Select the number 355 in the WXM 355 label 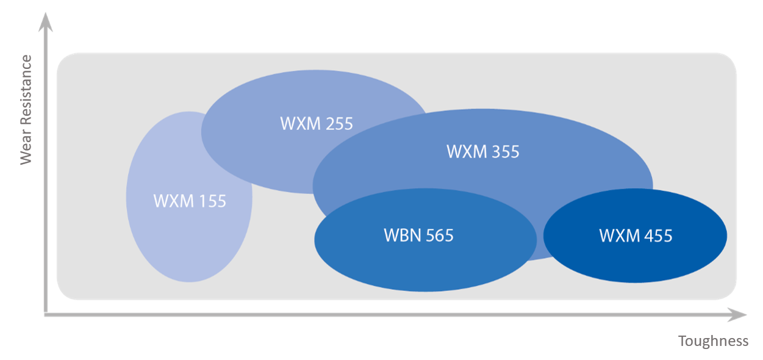coord(504,151)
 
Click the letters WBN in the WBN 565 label coord(400,235)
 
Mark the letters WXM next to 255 coord(299,124)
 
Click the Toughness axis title coord(713,341)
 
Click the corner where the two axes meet coord(46,314)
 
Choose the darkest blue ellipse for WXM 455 coord(634,262)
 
